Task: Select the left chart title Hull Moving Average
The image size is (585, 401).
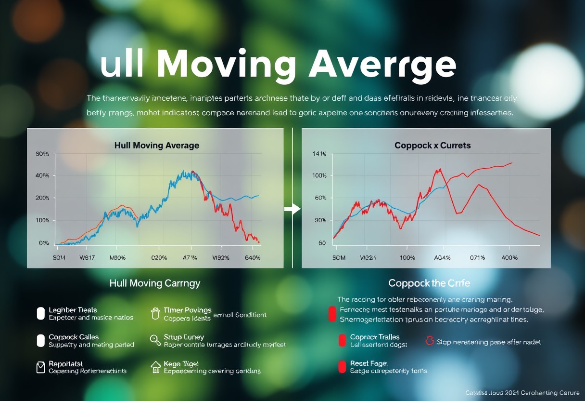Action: pos(156,145)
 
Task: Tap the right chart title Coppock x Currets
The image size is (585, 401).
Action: pos(432,145)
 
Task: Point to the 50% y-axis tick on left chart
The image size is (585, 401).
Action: pos(42,154)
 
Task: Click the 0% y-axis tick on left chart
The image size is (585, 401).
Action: pos(43,243)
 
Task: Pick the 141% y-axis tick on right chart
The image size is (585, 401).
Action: pos(319,154)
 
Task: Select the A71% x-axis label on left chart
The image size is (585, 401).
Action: pos(191,258)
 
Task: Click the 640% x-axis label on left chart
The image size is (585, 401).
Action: pos(250,258)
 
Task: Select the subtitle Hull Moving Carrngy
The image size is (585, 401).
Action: pos(155,283)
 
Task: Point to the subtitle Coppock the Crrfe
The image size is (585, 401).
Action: pos(429,283)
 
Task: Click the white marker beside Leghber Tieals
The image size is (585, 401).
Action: pos(41,314)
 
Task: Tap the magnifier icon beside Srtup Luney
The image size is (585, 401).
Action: pos(155,340)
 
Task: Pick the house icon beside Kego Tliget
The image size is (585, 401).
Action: pos(155,367)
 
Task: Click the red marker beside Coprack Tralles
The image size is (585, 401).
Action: pos(342,341)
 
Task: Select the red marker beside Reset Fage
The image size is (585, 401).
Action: pos(342,367)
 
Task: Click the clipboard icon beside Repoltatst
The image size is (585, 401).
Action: pos(41,367)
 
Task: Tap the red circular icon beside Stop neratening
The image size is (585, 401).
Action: pos(430,341)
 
